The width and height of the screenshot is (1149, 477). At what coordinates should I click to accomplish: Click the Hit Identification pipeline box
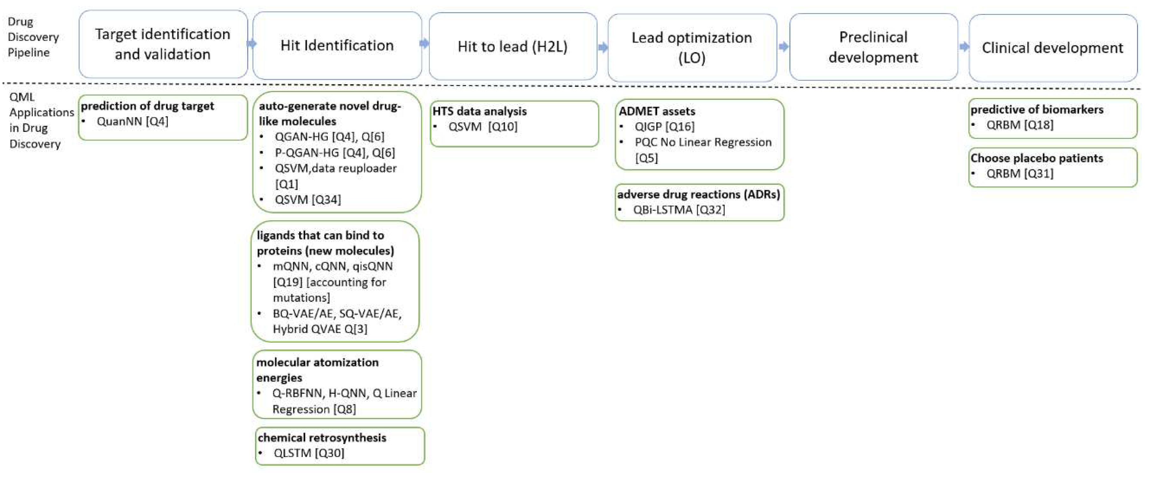point(337,45)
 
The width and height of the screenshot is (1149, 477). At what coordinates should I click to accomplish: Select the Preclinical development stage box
point(873,47)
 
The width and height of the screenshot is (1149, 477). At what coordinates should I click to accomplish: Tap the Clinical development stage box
point(1052,48)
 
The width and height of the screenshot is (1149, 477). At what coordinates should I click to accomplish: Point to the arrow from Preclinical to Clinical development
point(964,46)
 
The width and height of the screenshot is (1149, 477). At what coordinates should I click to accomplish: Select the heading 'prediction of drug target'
point(147,106)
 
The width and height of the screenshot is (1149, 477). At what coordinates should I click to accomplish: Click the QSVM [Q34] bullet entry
point(307,200)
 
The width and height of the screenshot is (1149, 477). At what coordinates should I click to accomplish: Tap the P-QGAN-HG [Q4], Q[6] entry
point(334,153)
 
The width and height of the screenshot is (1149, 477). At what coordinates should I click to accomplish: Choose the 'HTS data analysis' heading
point(479,112)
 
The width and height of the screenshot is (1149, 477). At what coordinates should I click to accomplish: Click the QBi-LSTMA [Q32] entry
point(678,210)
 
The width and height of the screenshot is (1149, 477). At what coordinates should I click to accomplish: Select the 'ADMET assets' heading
point(657,112)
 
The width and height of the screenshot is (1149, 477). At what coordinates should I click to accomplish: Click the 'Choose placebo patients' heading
point(1036,158)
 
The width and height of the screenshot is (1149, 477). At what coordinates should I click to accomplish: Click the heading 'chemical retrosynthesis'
point(322,438)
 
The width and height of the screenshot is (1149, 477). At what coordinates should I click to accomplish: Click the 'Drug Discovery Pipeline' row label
point(33,37)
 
